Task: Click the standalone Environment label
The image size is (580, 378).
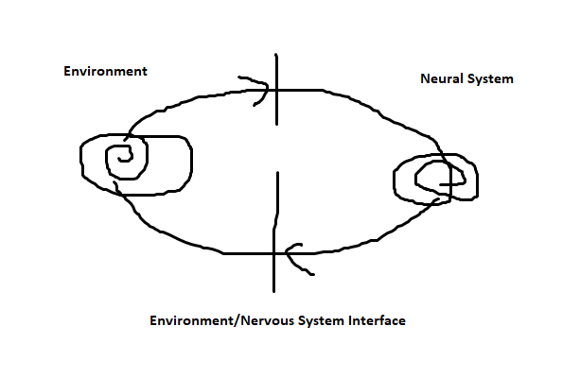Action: [x=105, y=72]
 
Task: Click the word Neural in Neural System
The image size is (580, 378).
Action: [x=441, y=78]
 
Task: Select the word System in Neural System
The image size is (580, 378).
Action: [x=489, y=78]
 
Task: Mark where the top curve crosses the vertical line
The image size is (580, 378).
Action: [x=276, y=90]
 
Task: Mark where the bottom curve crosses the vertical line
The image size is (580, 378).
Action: [x=274, y=253]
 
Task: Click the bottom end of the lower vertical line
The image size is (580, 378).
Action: [x=274, y=291]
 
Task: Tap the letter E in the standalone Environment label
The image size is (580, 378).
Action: [x=67, y=72]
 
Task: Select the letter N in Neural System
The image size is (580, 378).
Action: [x=425, y=78]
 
